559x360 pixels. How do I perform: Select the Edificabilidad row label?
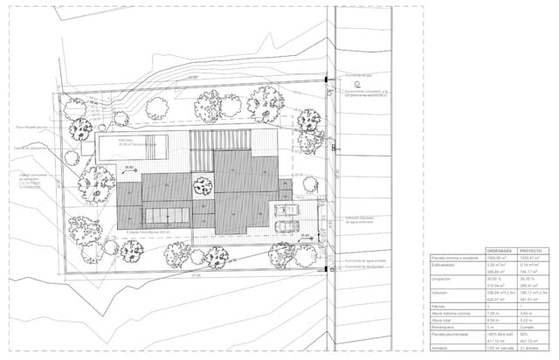point(445,265)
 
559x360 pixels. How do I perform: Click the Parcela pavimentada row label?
point(450,334)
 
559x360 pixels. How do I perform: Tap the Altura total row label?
point(443,320)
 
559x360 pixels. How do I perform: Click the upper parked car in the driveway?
point(285,210)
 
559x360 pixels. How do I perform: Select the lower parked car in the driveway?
point(285,226)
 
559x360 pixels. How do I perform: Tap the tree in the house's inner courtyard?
point(202,185)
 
